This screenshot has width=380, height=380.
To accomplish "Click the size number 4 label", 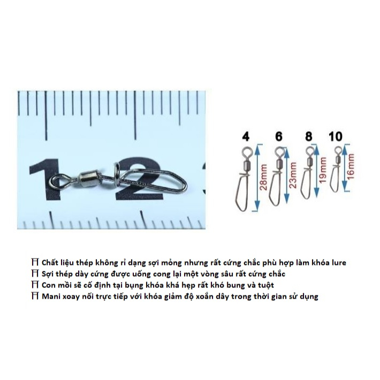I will pyautogui.click(x=246, y=137).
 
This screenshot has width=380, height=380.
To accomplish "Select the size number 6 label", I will pyautogui.click(x=278, y=137).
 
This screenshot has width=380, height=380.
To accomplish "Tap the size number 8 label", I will pyautogui.click(x=308, y=137).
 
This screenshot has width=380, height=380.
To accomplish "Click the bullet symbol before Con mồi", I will pyautogui.click(x=35, y=285).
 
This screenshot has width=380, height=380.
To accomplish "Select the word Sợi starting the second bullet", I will pyautogui.click(x=47, y=273).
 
